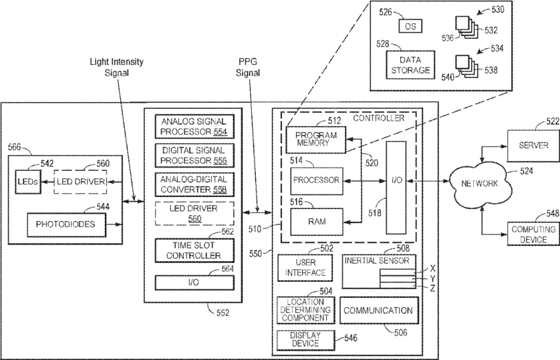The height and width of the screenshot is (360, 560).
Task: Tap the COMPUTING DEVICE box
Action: [x=529, y=234]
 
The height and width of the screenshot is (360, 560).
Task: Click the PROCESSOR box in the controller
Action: [x=316, y=180]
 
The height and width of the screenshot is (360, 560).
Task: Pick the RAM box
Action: [x=316, y=220]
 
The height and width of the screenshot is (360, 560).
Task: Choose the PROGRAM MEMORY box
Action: [x=311, y=140]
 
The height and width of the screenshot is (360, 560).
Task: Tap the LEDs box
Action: [x=27, y=182]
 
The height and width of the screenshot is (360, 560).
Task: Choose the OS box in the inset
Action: [x=408, y=26]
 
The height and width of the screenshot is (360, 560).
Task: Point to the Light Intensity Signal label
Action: [x=117, y=67]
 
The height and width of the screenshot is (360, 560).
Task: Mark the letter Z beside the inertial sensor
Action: [x=432, y=288]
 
